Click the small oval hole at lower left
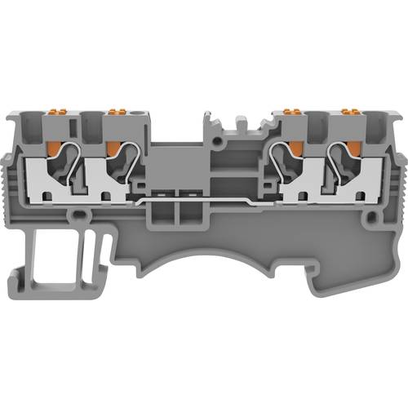point(80,217)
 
